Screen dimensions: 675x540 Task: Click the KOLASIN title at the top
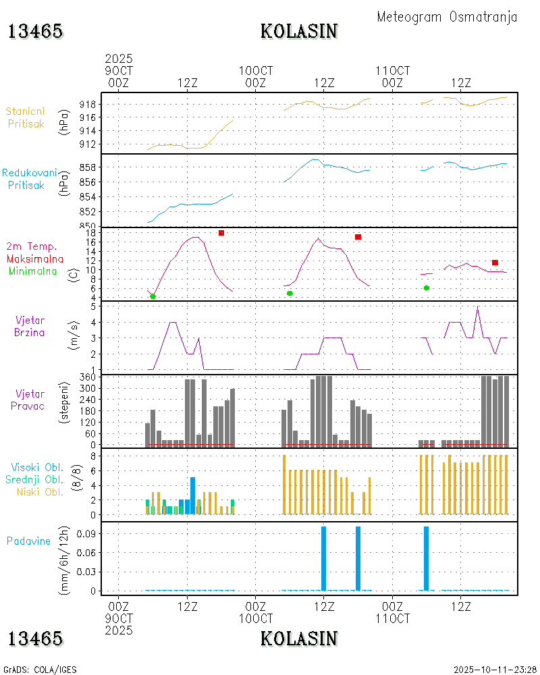299,31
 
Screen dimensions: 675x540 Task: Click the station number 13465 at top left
35,31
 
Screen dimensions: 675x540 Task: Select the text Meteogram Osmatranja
447,17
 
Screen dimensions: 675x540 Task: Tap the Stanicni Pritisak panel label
26,117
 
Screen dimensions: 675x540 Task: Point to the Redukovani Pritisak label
28,178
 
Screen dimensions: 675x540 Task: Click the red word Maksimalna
35,259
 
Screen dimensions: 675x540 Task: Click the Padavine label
28,541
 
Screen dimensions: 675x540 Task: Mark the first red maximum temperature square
221,233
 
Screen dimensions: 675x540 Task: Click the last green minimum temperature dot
427,288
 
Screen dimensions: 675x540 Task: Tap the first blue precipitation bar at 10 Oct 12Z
324,558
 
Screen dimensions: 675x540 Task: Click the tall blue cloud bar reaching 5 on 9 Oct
193,495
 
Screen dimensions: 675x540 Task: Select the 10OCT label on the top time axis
256,71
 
